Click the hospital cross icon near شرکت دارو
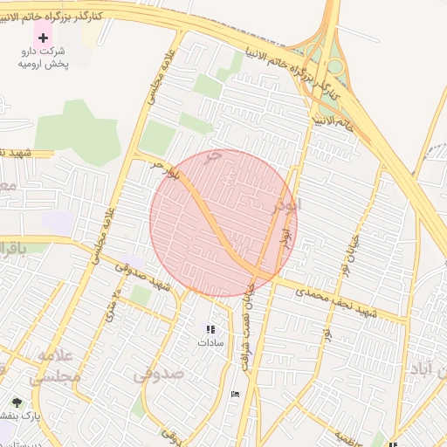(x=43, y=38)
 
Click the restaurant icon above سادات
(x=210, y=329)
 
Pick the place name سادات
(x=210, y=343)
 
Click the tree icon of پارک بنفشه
(x=17, y=402)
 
